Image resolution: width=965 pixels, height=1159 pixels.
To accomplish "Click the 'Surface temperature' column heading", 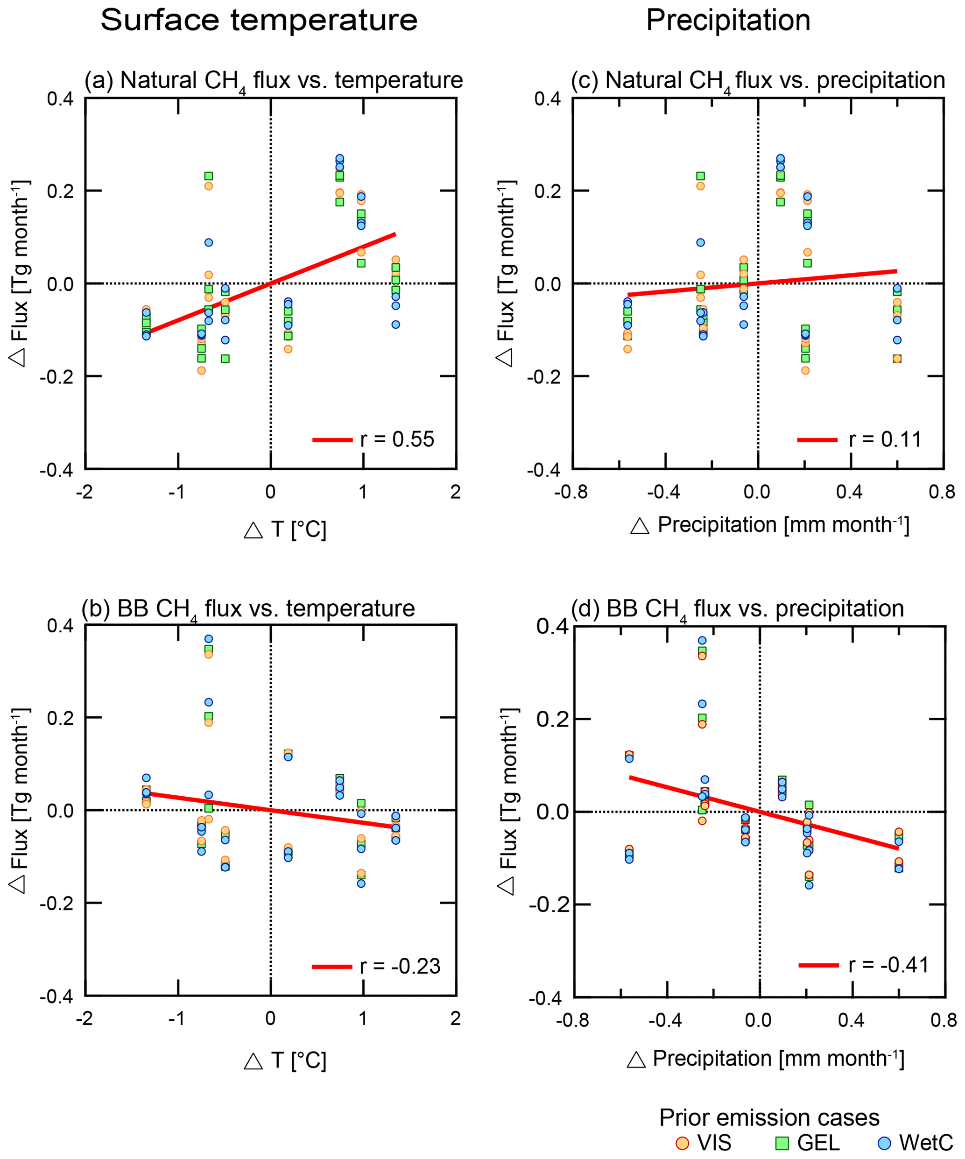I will pos(259,21).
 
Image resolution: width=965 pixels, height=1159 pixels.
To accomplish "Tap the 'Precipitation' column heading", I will pos(728,21).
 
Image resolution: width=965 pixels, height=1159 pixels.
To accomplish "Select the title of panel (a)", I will pos(273,81).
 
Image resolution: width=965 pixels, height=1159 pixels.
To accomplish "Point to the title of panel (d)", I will pos(737,609).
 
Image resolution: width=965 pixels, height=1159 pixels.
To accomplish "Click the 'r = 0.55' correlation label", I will pos(397,439).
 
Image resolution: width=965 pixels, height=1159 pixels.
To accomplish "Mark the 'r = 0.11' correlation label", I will pos(885,439).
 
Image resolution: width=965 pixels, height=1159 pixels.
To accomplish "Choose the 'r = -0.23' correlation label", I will pos(400,967).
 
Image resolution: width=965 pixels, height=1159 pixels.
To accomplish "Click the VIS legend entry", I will pos(704,1143).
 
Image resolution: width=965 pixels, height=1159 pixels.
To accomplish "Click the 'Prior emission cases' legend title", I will pos(769,1117).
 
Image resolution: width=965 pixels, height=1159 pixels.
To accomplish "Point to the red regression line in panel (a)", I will pos(270,283).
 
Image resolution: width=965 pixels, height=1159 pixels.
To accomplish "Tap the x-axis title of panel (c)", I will pos(770,525).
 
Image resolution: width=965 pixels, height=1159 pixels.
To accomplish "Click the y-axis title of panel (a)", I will pos(20,273).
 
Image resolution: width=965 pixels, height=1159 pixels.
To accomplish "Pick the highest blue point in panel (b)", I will pos(209,638).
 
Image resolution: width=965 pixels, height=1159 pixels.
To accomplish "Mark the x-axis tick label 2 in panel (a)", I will pos(455,492).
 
